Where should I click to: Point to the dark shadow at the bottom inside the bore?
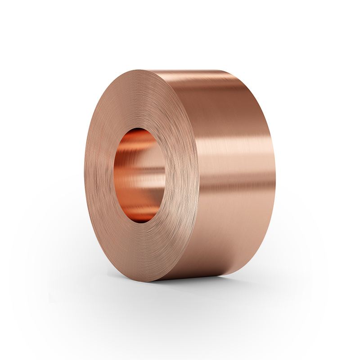(x=140, y=217)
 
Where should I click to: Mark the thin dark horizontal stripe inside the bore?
(x=142, y=169)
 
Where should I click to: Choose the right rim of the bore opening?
(x=165, y=175)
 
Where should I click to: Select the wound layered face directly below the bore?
(x=142, y=252)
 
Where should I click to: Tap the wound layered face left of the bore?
(x=99, y=175)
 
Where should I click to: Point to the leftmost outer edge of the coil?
(x=84, y=175)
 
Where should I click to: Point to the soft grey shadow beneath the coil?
(x=216, y=288)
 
